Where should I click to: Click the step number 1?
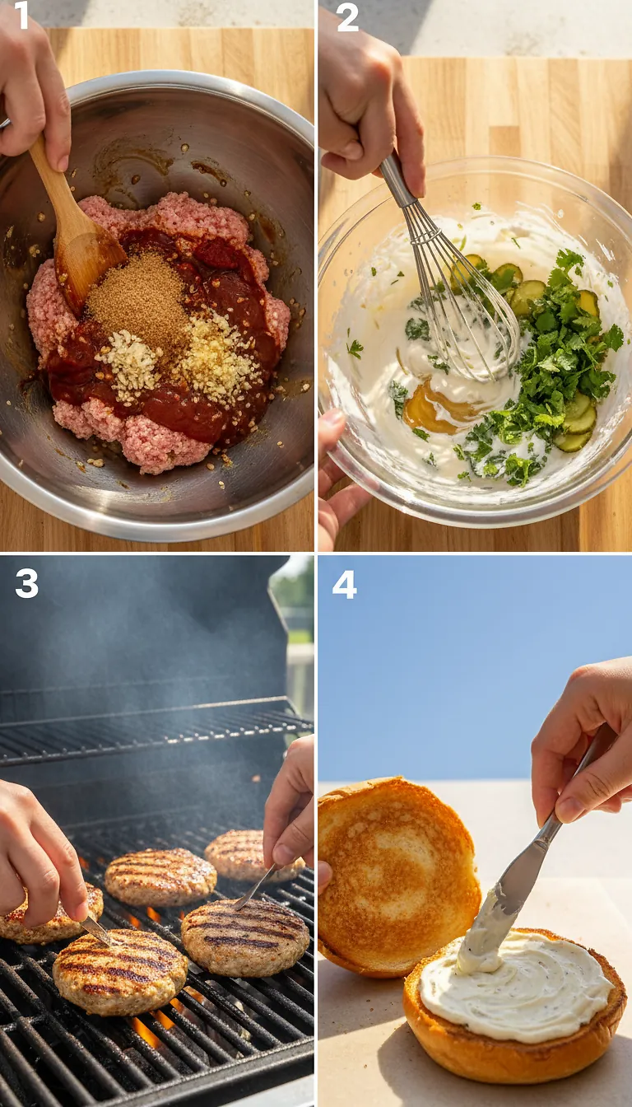(21, 15)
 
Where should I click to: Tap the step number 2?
(347, 16)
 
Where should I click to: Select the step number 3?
(26, 583)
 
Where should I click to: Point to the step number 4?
(344, 584)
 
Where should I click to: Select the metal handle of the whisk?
(397, 181)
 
